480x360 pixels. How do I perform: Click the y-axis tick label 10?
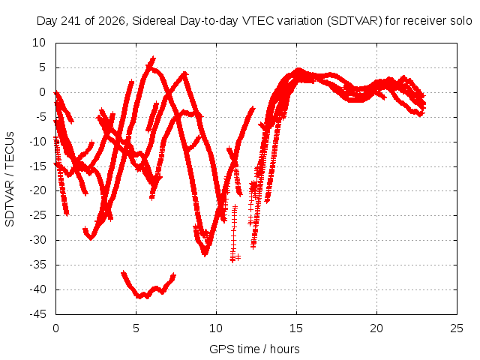click(x=39, y=43)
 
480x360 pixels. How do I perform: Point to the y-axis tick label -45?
click(x=37, y=314)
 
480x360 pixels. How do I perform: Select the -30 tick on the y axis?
click(x=37, y=240)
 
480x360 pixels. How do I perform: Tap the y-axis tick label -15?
click(x=37, y=166)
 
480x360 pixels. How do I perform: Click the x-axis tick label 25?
click(x=457, y=328)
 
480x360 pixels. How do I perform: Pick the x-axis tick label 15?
click(x=296, y=328)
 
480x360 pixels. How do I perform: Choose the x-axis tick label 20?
click(x=376, y=328)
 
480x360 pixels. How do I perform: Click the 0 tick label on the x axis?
click(x=55, y=328)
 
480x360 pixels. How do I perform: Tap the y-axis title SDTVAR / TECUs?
click(x=10, y=179)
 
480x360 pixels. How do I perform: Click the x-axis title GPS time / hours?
click(x=254, y=349)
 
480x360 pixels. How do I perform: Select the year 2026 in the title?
click(x=112, y=21)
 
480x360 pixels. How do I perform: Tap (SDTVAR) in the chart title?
click(x=354, y=21)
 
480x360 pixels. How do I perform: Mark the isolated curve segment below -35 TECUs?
click(x=148, y=285)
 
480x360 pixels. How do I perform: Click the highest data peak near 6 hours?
click(x=152, y=58)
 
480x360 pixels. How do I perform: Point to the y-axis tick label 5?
click(x=42, y=67)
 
